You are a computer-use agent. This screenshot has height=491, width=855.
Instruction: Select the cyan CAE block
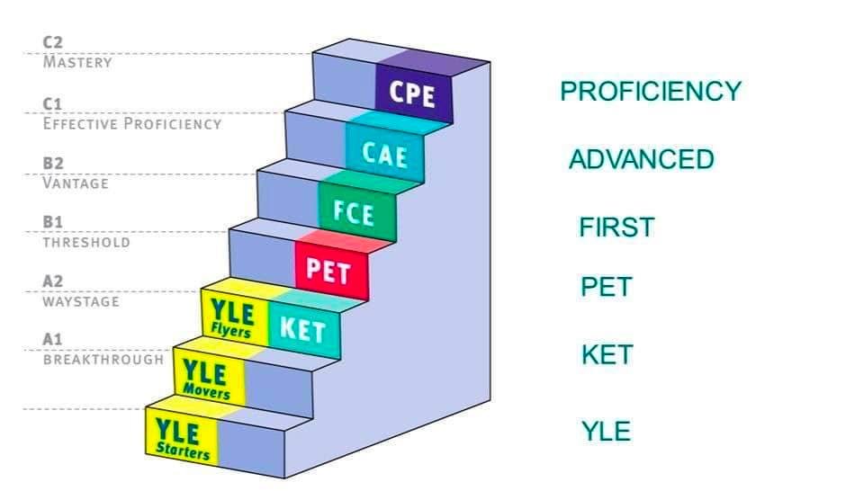point(385,153)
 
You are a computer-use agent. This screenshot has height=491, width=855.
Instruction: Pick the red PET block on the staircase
point(331,270)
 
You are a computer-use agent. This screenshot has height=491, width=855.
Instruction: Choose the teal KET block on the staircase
point(304,328)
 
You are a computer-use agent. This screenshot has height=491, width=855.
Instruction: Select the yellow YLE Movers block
point(209,379)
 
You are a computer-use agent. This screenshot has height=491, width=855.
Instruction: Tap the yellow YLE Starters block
point(182,436)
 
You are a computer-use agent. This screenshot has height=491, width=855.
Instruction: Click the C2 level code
point(53,42)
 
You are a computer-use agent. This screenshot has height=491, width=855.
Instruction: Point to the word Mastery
point(77,62)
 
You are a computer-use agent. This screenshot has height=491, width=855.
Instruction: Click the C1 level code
point(52,103)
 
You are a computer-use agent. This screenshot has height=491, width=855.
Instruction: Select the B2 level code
point(53,163)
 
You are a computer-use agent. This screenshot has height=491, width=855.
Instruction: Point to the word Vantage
point(76,183)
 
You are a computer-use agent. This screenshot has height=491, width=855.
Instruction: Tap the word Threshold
point(86,243)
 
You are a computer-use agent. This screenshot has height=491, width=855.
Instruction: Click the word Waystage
point(81,301)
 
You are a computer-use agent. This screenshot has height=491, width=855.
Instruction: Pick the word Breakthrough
point(103,360)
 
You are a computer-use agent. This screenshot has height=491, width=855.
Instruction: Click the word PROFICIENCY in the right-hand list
point(651,91)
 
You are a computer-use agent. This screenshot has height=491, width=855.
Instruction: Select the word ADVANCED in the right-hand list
point(642,159)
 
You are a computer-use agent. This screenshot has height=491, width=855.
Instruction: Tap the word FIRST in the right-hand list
point(616,228)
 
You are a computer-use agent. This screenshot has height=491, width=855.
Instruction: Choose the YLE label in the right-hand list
point(607,431)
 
